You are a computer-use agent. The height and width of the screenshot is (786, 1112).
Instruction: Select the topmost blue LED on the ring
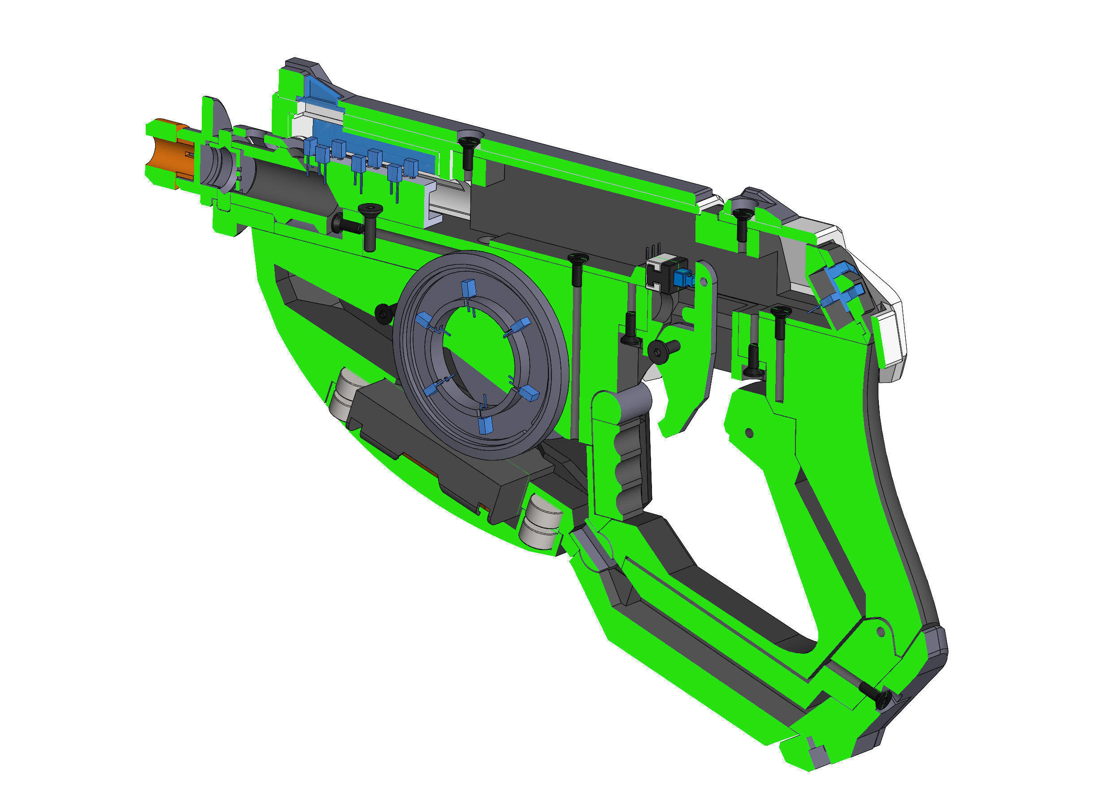click(468, 287)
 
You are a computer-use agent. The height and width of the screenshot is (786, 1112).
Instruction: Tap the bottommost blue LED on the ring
click(484, 425)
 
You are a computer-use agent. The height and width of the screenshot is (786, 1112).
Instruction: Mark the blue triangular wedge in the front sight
click(320, 90)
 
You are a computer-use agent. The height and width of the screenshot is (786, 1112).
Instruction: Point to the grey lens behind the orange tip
click(218, 165)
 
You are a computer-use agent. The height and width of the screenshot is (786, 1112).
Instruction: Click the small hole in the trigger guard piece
click(749, 431)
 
